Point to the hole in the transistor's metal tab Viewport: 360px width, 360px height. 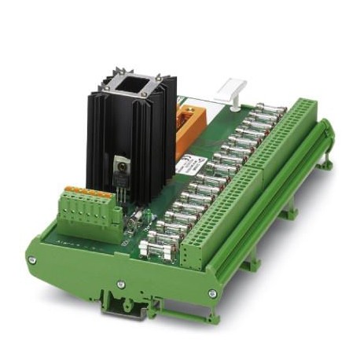[122, 164]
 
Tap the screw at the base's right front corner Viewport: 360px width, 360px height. [211, 294]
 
